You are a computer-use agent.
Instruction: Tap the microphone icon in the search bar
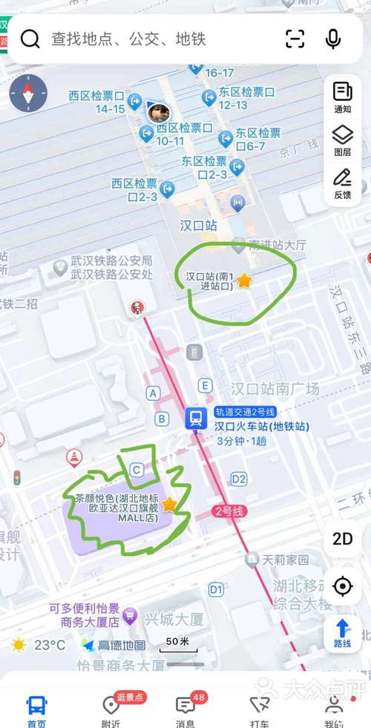click(x=333, y=39)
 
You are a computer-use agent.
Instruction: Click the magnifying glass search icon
click(x=30, y=39)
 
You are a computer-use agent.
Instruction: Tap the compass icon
click(x=28, y=94)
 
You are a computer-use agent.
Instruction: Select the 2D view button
click(x=342, y=539)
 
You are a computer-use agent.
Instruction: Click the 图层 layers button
click(x=342, y=140)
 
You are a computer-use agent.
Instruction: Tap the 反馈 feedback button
click(x=342, y=183)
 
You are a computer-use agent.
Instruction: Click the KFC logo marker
click(x=135, y=306)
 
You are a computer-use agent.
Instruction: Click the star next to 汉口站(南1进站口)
click(x=244, y=281)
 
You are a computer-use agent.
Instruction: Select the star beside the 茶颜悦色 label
click(x=169, y=505)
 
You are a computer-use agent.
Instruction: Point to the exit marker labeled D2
click(x=238, y=479)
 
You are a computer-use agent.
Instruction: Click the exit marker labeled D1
click(x=216, y=589)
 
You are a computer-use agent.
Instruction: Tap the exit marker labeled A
click(x=154, y=393)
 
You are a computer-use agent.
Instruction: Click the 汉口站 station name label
click(x=198, y=226)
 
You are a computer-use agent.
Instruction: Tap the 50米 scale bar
click(x=177, y=644)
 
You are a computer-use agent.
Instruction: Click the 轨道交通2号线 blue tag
click(x=245, y=412)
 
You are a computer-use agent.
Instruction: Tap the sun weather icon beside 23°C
click(x=19, y=645)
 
